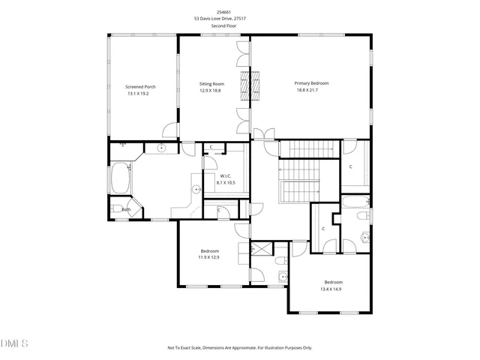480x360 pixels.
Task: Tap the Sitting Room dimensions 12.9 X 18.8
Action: click(212, 90)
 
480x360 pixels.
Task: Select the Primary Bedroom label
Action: click(311, 83)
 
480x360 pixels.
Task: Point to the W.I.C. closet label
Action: click(226, 175)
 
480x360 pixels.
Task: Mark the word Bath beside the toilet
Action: click(126, 209)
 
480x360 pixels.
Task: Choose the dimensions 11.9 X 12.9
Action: click(209, 257)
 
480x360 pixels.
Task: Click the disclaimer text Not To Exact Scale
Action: click(240, 347)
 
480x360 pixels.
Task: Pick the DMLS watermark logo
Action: click(15, 343)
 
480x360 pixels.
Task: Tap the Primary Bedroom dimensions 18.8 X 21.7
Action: click(311, 91)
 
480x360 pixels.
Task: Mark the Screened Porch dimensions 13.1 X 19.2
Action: click(137, 94)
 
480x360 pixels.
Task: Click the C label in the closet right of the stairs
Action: click(350, 166)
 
